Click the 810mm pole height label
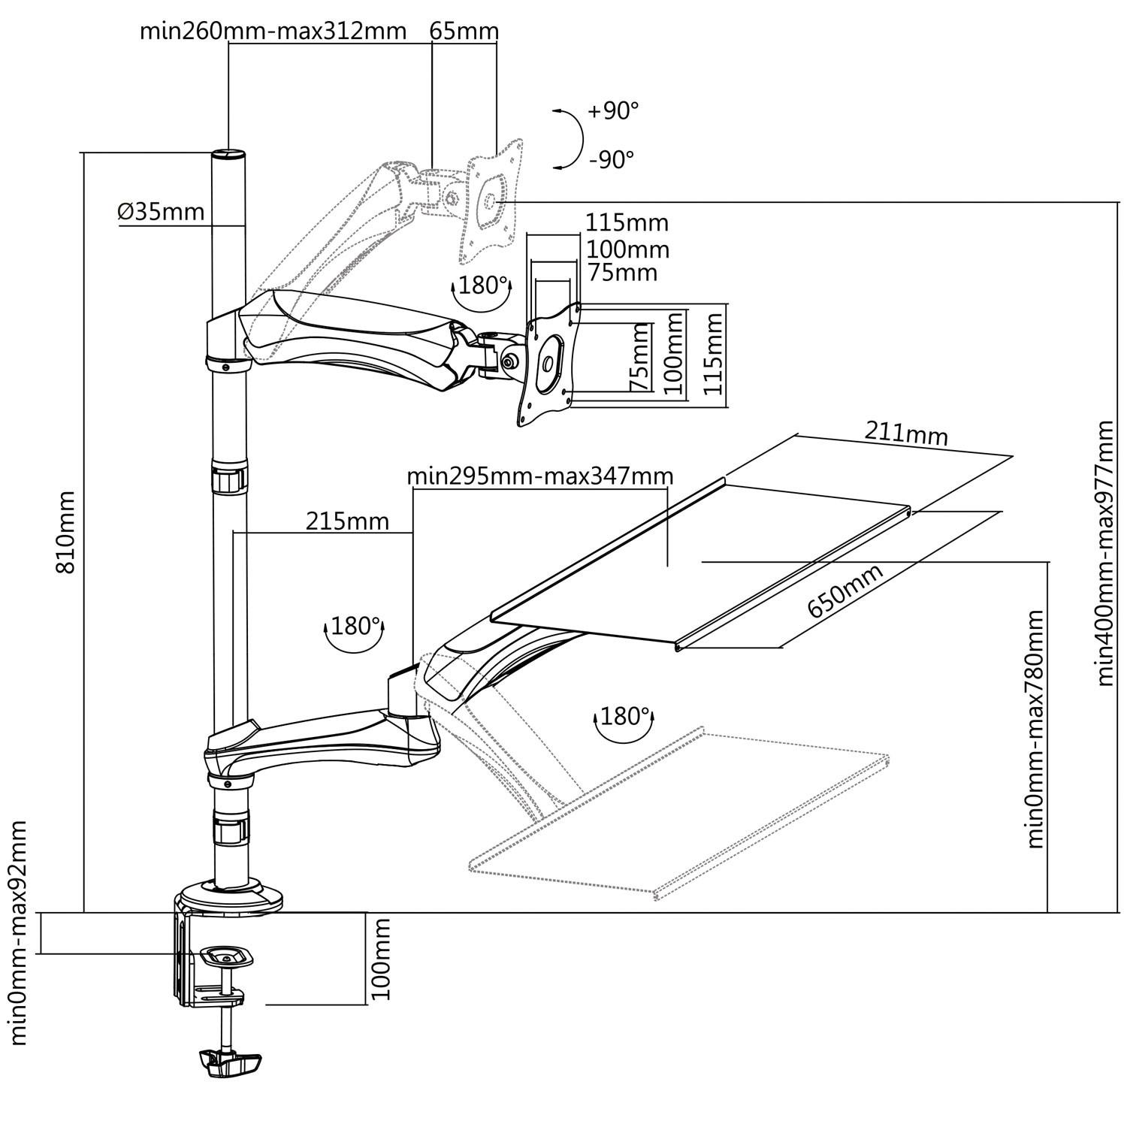[x=66, y=532]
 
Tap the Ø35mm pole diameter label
[x=161, y=212]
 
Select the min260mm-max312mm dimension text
[x=273, y=31]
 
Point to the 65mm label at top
[x=464, y=31]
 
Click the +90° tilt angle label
[x=613, y=111]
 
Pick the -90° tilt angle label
[x=612, y=159]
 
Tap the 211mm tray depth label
[x=906, y=434]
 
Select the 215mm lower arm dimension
[x=347, y=521]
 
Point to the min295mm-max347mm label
[x=539, y=476]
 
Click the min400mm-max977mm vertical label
[x=1104, y=553]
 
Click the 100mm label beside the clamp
[x=382, y=958]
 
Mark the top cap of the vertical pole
[x=228, y=154]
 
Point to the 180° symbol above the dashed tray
[x=624, y=718]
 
